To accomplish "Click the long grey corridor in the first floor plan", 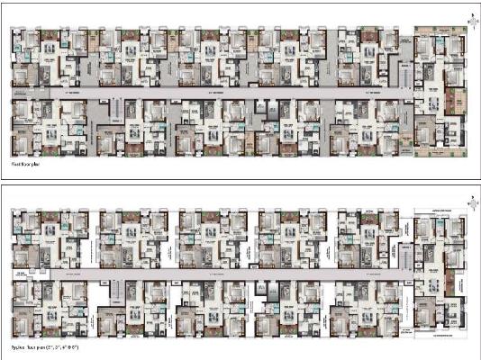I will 216,93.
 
